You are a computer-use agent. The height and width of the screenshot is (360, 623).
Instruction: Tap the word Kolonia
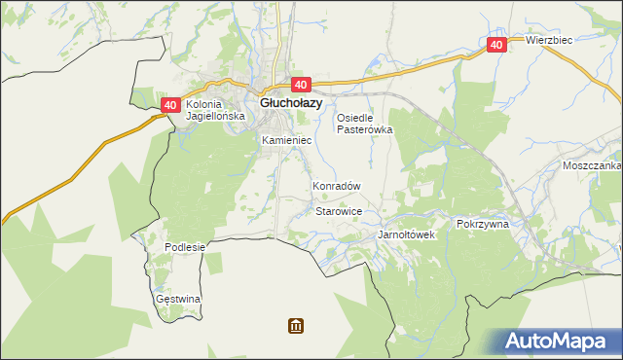tap(204, 104)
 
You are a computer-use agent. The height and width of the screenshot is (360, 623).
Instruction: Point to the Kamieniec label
tap(285, 141)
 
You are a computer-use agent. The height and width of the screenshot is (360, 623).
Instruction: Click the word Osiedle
tap(355, 118)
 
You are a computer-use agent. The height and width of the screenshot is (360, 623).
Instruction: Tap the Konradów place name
tap(336, 186)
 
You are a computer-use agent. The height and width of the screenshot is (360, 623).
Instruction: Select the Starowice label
tap(339, 211)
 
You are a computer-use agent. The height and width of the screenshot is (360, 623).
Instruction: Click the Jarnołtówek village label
tap(406, 235)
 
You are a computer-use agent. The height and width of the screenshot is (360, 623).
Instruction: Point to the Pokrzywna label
tap(483, 223)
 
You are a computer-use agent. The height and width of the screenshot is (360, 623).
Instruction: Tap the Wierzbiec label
tap(549, 40)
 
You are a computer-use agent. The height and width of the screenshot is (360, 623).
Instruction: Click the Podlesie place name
tap(185, 247)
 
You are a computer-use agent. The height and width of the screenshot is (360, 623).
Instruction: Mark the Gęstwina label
tap(178, 299)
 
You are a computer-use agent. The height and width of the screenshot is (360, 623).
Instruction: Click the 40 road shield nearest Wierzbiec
tap(496, 45)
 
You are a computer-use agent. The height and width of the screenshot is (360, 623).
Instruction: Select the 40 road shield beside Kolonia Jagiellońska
tap(170, 104)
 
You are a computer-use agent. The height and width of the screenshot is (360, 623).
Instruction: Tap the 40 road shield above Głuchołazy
tap(299, 86)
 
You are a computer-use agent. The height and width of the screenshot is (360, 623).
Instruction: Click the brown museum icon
tap(295, 325)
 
